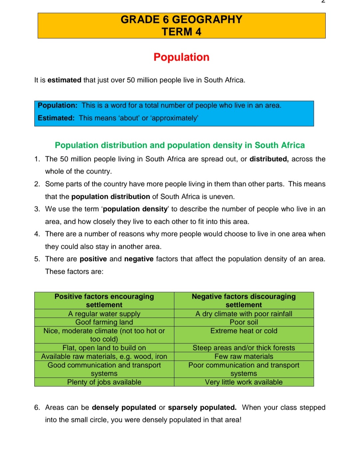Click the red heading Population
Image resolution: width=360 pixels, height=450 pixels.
point(181,57)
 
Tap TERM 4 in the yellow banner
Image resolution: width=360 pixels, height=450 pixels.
point(181,32)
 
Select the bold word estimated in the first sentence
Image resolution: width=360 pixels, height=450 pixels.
point(64,80)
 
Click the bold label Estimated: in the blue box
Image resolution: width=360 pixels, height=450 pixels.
point(56,118)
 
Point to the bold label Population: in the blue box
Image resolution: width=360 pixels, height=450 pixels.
point(57,106)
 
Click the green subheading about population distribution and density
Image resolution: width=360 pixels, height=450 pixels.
point(180,145)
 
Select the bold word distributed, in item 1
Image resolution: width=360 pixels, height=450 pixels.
point(269,159)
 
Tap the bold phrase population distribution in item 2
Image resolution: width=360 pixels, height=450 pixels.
point(111,197)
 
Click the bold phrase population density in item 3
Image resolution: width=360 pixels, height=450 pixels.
point(135,209)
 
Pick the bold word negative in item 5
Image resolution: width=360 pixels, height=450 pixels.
point(139,259)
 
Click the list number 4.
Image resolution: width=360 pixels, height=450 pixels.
point(37,234)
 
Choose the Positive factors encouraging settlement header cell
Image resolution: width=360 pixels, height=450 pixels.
point(104,300)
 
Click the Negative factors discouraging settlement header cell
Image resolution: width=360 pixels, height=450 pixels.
point(244,300)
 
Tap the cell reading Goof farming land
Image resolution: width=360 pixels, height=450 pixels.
point(104,322)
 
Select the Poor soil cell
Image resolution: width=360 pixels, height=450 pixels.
point(244,322)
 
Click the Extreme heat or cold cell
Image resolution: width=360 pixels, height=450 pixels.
point(244,331)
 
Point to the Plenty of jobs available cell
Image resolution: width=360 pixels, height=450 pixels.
point(104,382)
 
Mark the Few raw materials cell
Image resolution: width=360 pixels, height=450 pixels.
point(244,356)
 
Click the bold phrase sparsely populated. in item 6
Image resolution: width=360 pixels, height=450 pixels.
point(202,408)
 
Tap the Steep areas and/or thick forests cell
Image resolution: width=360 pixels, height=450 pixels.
point(244,348)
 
